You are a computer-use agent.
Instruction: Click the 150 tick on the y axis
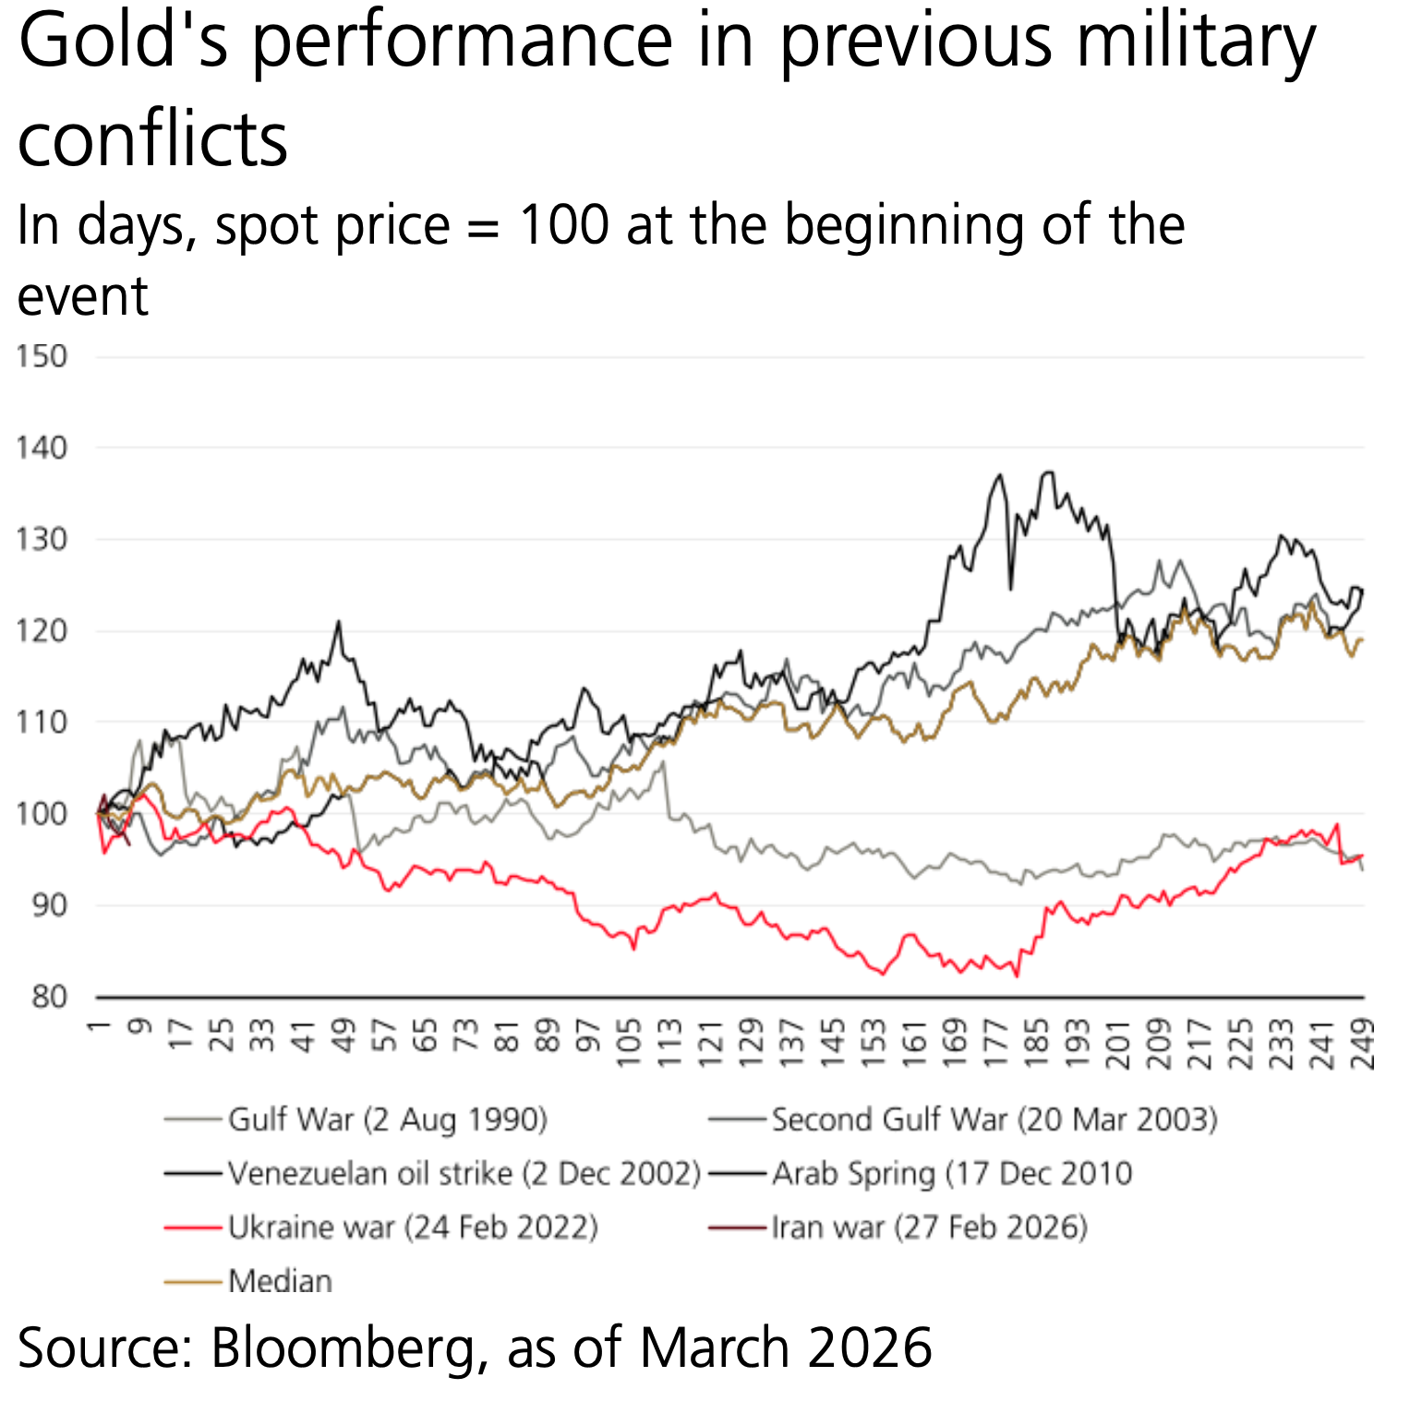[x=42, y=357]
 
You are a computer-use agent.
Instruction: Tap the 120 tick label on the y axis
[x=42, y=631]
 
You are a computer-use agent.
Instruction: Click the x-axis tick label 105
[x=630, y=1044]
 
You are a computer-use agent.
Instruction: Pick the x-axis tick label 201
[x=1118, y=1044]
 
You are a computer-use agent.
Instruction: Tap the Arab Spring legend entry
[x=951, y=1174]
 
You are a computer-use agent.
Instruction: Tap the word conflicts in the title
[x=152, y=139]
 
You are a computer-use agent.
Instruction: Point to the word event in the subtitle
[x=83, y=296]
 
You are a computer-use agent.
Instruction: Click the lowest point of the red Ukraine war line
[x=1018, y=976]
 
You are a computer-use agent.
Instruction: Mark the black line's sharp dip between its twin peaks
[x=1011, y=588]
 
